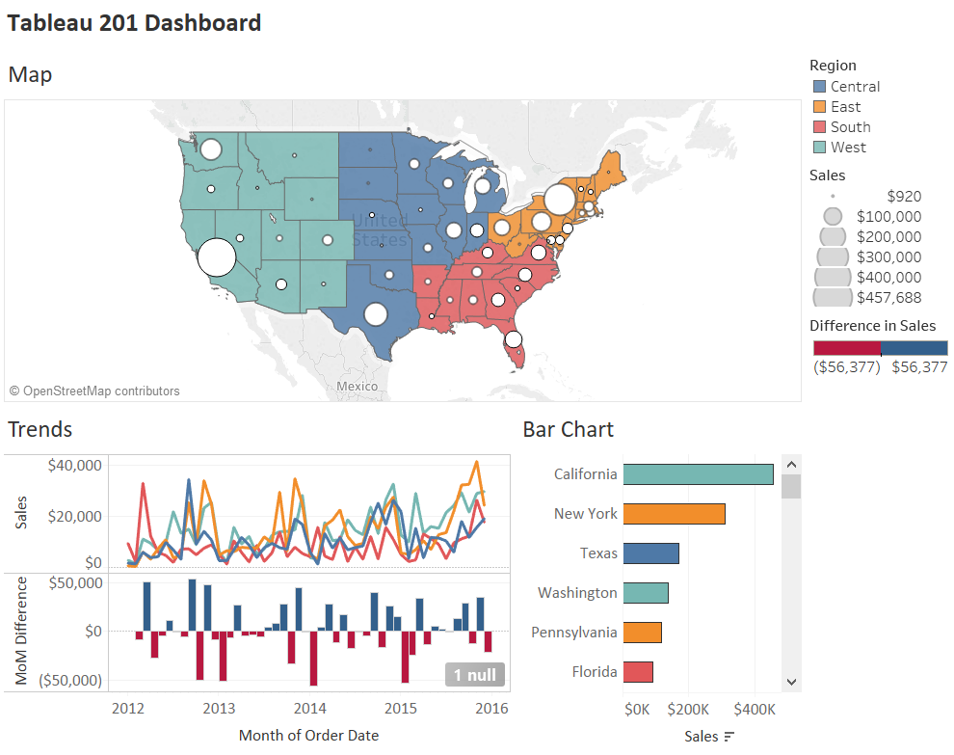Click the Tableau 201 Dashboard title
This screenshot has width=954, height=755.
click(x=134, y=23)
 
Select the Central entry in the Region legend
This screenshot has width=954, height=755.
click(x=855, y=87)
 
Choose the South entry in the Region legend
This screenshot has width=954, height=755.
click(x=850, y=127)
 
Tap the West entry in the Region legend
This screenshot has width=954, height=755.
click(x=848, y=148)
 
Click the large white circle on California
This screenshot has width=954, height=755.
click(x=216, y=257)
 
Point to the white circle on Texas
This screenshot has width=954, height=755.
click(x=376, y=314)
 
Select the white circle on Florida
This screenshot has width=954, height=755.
click(x=514, y=339)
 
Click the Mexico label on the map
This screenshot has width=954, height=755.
click(x=358, y=386)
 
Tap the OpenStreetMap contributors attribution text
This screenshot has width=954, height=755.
click(x=94, y=391)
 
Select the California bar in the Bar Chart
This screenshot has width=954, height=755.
click(x=698, y=474)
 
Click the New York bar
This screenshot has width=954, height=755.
click(x=674, y=514)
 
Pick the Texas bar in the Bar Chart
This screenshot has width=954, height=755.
click(x=651, y=553)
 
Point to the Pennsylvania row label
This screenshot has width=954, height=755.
click(x=573, y=633)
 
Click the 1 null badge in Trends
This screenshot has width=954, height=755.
click(x=475, y=675)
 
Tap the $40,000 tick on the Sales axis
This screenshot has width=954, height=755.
click(x=74, y=465)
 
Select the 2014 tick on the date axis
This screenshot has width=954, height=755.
click(x=310, y=709)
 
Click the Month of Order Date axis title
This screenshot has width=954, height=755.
click(x=308, y=736)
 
